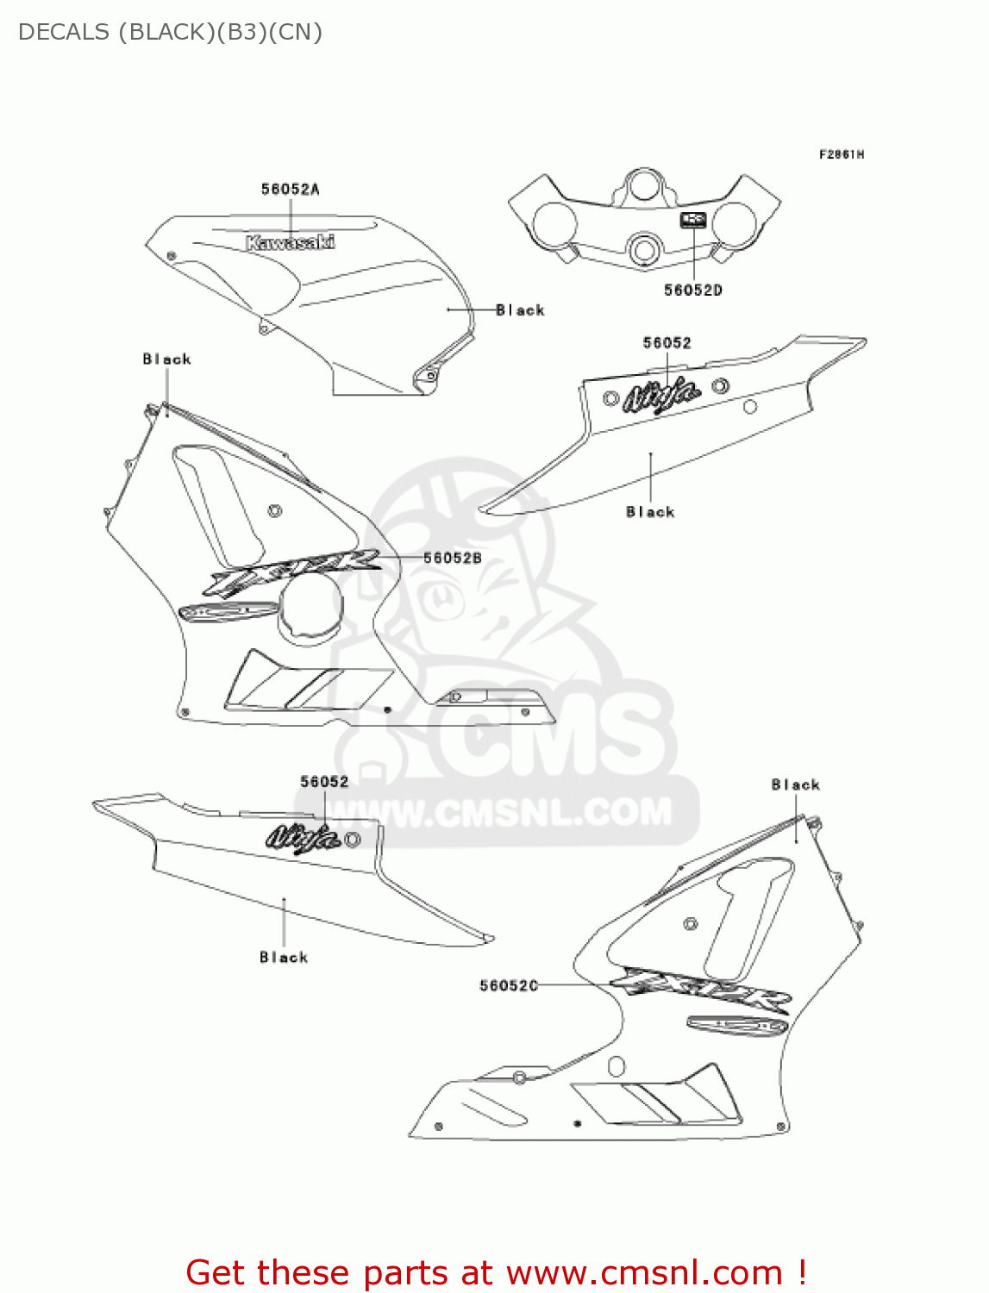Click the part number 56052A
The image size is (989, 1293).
pos(290,189)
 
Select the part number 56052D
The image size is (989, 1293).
pos(692,290)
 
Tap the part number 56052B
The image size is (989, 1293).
pos(452,559)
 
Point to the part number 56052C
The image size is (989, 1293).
pos(509,985)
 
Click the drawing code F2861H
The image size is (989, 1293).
pos(841,154)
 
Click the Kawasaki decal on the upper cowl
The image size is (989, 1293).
pos(290,242)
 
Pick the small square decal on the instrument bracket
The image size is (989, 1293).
pos(693,221)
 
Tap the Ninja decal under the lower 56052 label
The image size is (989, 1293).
pos(303,836)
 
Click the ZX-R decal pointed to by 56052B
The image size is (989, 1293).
pos(293,571)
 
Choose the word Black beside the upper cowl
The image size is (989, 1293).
pos(520,310)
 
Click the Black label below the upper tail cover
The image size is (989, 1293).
pos(650,512)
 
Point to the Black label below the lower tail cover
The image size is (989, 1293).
pos(284,957)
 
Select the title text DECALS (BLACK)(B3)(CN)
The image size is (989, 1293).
pos(170,32)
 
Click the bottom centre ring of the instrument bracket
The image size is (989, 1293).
pos(644,251)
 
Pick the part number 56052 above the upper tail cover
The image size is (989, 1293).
pos(667,343)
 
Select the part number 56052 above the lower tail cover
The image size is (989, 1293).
pos(324,782)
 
